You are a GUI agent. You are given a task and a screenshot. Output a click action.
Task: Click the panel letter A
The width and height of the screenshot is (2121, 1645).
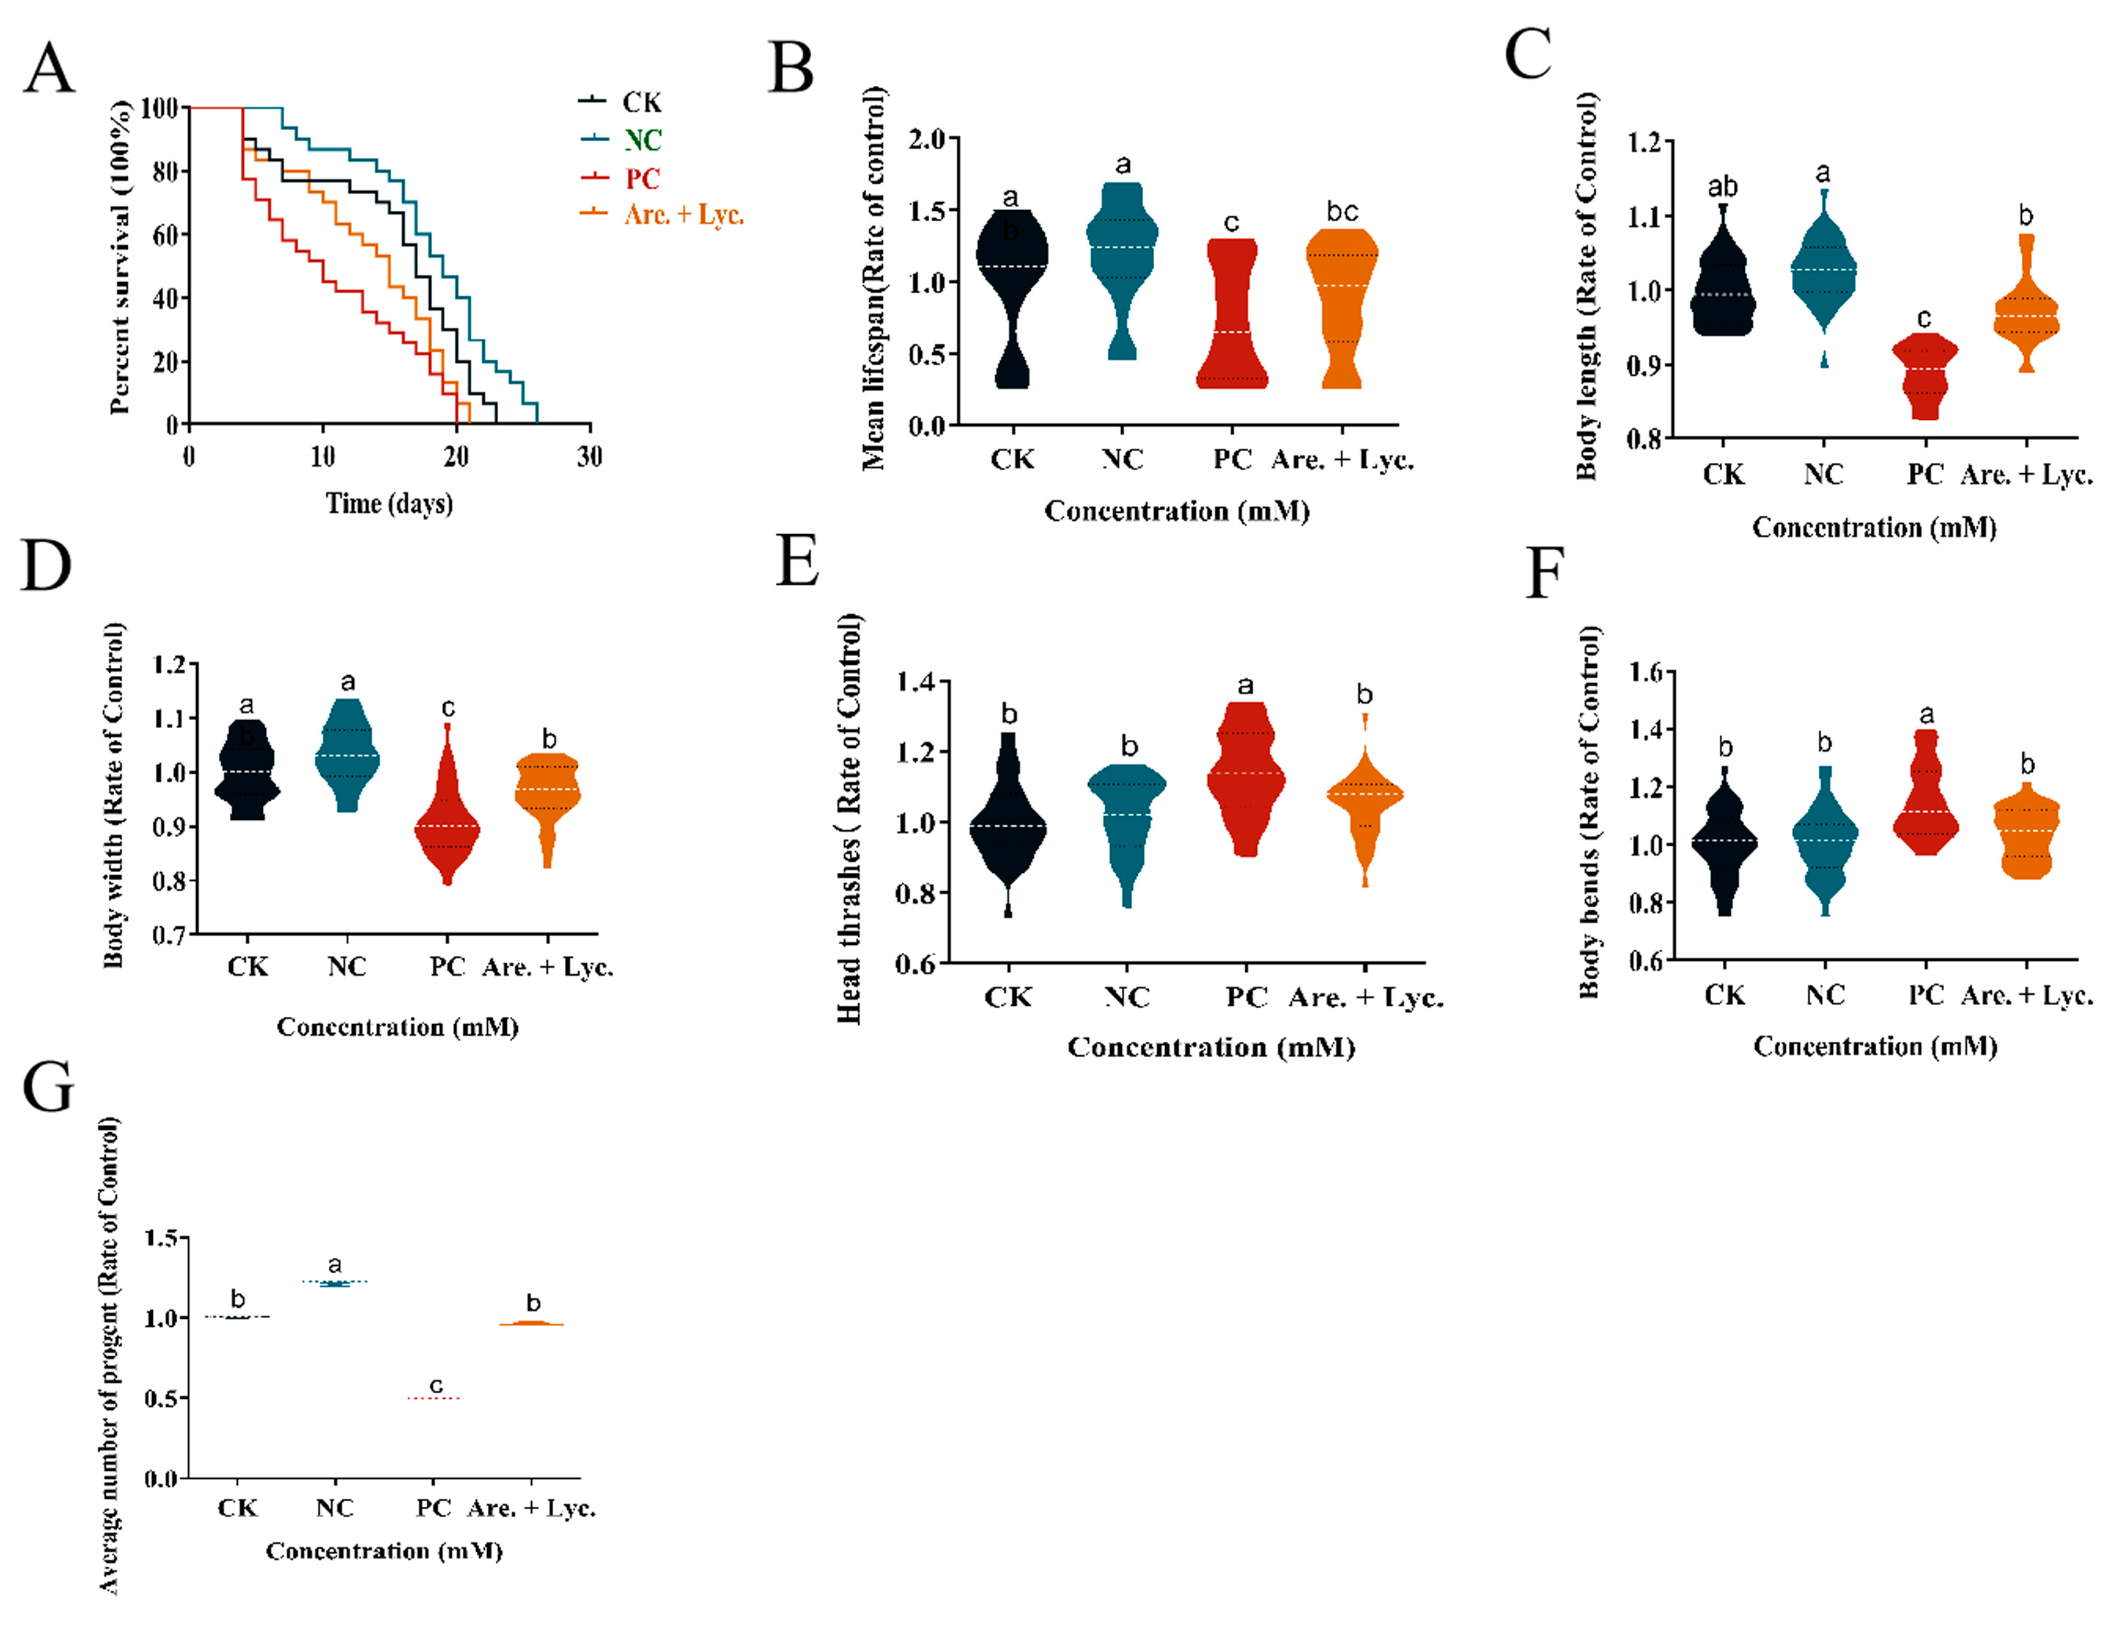48,69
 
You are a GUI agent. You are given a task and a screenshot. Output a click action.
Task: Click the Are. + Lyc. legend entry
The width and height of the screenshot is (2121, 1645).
683,215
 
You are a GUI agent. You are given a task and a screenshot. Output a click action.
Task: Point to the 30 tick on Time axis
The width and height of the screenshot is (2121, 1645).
589,456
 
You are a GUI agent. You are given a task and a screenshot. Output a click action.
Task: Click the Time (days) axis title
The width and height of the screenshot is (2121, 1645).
389,503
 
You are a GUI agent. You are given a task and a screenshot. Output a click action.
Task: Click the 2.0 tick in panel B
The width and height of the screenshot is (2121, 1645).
926,139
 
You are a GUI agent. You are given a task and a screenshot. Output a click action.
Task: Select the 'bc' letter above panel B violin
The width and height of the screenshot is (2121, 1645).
1342,212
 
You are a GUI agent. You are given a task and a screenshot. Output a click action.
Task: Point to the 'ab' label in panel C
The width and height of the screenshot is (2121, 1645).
1723,185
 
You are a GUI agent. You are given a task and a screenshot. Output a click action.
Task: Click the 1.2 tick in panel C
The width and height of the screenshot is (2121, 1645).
1644,143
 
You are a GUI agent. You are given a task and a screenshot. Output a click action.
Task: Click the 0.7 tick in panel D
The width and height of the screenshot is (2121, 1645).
169,935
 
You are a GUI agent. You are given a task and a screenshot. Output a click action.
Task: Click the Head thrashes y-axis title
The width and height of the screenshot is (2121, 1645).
849,818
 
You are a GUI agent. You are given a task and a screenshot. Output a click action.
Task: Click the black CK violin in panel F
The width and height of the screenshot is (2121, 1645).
1725,845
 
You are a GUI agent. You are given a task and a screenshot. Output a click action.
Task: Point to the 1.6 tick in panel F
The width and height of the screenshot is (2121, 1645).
1645,672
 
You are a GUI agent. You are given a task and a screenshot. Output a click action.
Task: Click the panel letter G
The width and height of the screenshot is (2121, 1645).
48,1087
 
